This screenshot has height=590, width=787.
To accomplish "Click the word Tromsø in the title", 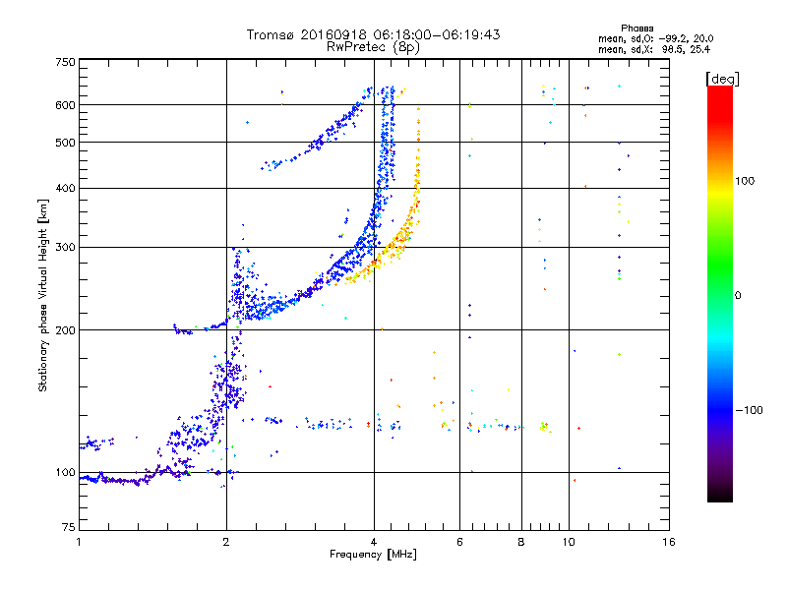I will (x=272, y=34).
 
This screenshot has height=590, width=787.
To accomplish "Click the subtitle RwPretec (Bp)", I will (x=374, y=46).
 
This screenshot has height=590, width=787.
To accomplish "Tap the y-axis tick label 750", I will (x=64, y=62).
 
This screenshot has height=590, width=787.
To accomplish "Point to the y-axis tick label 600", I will (x=64, y=105).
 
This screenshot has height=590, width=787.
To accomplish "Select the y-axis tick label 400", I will (x=64, y=189).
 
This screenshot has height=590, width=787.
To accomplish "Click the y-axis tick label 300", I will (x=64, y=248).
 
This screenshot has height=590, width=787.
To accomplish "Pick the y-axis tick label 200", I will (x=64, y=330).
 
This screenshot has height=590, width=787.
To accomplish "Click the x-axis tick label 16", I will (x=668, y=543).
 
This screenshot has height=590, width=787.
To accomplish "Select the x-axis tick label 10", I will (x=569, y=543).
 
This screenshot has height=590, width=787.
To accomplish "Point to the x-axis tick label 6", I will (x=459, y=543).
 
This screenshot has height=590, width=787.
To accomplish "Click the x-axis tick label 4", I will (x=374, y=543).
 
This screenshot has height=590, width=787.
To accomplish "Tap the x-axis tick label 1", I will (x=79, y=543).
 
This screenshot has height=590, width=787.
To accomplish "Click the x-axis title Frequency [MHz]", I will (x=374, y=556).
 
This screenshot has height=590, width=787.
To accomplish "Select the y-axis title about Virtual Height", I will (x=42, y=295).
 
